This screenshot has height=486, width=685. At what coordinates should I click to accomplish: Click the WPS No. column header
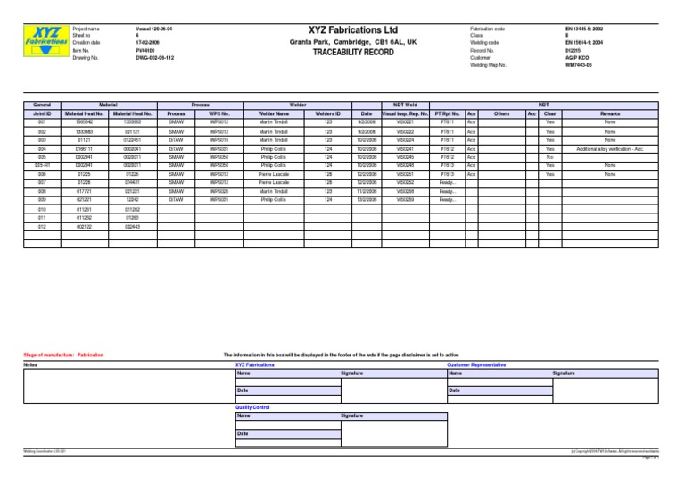219,114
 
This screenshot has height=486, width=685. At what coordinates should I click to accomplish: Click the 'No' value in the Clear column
550,157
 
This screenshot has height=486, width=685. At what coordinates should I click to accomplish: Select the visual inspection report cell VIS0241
406,149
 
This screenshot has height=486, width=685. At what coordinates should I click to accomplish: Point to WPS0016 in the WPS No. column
219,140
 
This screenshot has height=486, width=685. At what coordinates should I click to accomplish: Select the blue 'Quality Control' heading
252,407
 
